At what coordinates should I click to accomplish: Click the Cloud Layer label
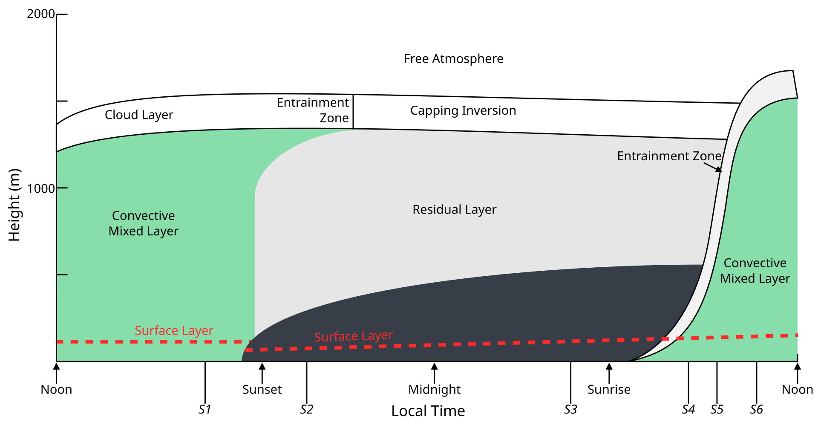[139, 115]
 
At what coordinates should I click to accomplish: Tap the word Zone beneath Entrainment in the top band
[334, 118]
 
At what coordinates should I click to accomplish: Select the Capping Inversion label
[463, 110]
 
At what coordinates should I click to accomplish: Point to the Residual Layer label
[454, 209]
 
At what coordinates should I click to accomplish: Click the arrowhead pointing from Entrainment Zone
[719, 170]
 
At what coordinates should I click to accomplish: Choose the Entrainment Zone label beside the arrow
[669, 156]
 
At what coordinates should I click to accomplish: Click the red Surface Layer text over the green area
[174, 330]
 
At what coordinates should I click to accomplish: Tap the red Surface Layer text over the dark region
[353, 336]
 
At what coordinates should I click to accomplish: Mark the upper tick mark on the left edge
[62, 188]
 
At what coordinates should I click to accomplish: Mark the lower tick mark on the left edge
[62, 275]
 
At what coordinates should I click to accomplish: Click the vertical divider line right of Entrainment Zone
[353, 112]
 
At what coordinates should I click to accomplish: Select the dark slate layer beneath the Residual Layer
[469, 315]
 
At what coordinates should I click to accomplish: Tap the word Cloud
[121, 115]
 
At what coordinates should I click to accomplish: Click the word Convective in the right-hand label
[755, 263]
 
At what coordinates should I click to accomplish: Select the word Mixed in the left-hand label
[126, 231]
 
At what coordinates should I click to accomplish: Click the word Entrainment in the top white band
[313, 103]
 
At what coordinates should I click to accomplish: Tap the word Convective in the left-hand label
[143, 216]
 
